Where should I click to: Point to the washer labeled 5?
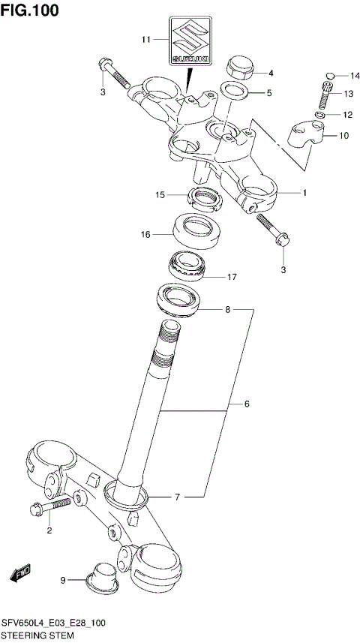[x=236, y=93]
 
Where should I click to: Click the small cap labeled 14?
[x=330, y=75]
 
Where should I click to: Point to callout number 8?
[x=227, y=308]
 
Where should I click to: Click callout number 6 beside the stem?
[x=247, y=405]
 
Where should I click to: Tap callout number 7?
[x=177, y=497]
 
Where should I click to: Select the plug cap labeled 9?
[x=102, y=572]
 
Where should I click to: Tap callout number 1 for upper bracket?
[x=304, y=193]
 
